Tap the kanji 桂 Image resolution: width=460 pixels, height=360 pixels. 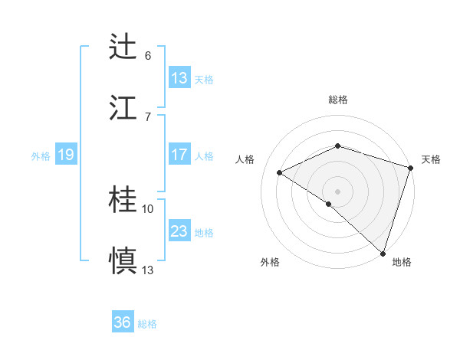click(124, 200)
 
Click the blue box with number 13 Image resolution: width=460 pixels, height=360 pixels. click(179, 78)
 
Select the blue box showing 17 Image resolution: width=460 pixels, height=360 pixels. click(179, 155)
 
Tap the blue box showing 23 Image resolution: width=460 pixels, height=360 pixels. click(179, 231)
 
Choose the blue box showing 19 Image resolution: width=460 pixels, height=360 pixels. click(66, 155)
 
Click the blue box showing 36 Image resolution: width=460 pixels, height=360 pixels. click(123, 322)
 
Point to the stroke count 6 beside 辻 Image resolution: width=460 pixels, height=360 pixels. click(148, 56)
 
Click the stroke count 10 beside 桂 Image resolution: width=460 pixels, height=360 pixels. click(148, 208)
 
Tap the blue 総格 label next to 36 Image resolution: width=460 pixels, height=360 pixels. click(147, 324)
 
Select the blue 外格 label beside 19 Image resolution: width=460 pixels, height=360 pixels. click(41, 156)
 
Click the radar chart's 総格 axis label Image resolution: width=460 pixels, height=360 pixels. click(337, 100)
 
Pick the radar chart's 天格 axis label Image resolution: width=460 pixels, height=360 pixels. click(431, 159)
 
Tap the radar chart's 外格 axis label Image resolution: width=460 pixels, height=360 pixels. click(270, 262)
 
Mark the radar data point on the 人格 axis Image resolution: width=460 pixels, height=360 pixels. click(280, 172)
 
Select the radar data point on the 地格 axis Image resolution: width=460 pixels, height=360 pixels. click(383, 254)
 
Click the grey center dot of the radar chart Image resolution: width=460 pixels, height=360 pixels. click(337, 191)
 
